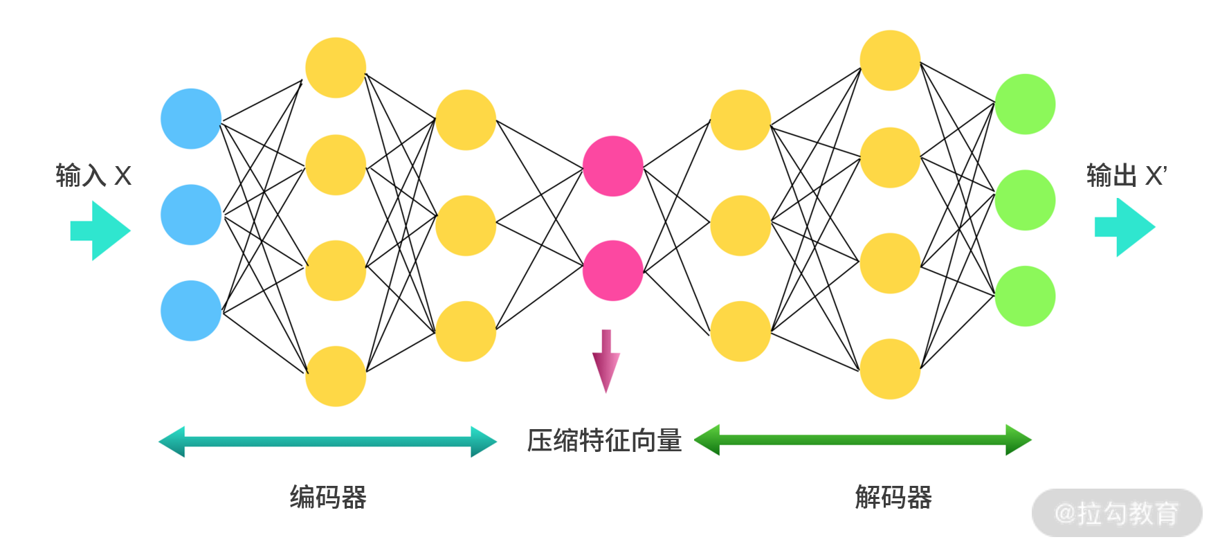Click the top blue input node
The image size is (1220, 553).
pos(191,118)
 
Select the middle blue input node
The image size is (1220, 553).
pos(191,215)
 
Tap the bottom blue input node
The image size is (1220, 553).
pos(191,311)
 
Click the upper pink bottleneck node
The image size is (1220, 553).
pos(612,166)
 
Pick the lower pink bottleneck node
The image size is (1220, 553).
pos(612,271)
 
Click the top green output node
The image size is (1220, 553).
pos(1025,105)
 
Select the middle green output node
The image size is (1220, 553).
pos(1025,200)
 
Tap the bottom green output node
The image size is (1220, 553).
pos(1025,296)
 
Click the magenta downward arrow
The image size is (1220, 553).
pos(606,361)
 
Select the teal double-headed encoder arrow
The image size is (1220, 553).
pos(327,441)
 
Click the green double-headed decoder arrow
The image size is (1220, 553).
pos(862,440)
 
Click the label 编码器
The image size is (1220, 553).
pos(328,497)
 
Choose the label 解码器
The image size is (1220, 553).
pos(893,497)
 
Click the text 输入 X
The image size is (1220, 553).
pos(93,176)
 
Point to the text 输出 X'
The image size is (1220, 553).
pos(1127,176)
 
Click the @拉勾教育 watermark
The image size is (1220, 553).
pos(1116,513)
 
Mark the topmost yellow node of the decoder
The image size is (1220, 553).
pos(890,60)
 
